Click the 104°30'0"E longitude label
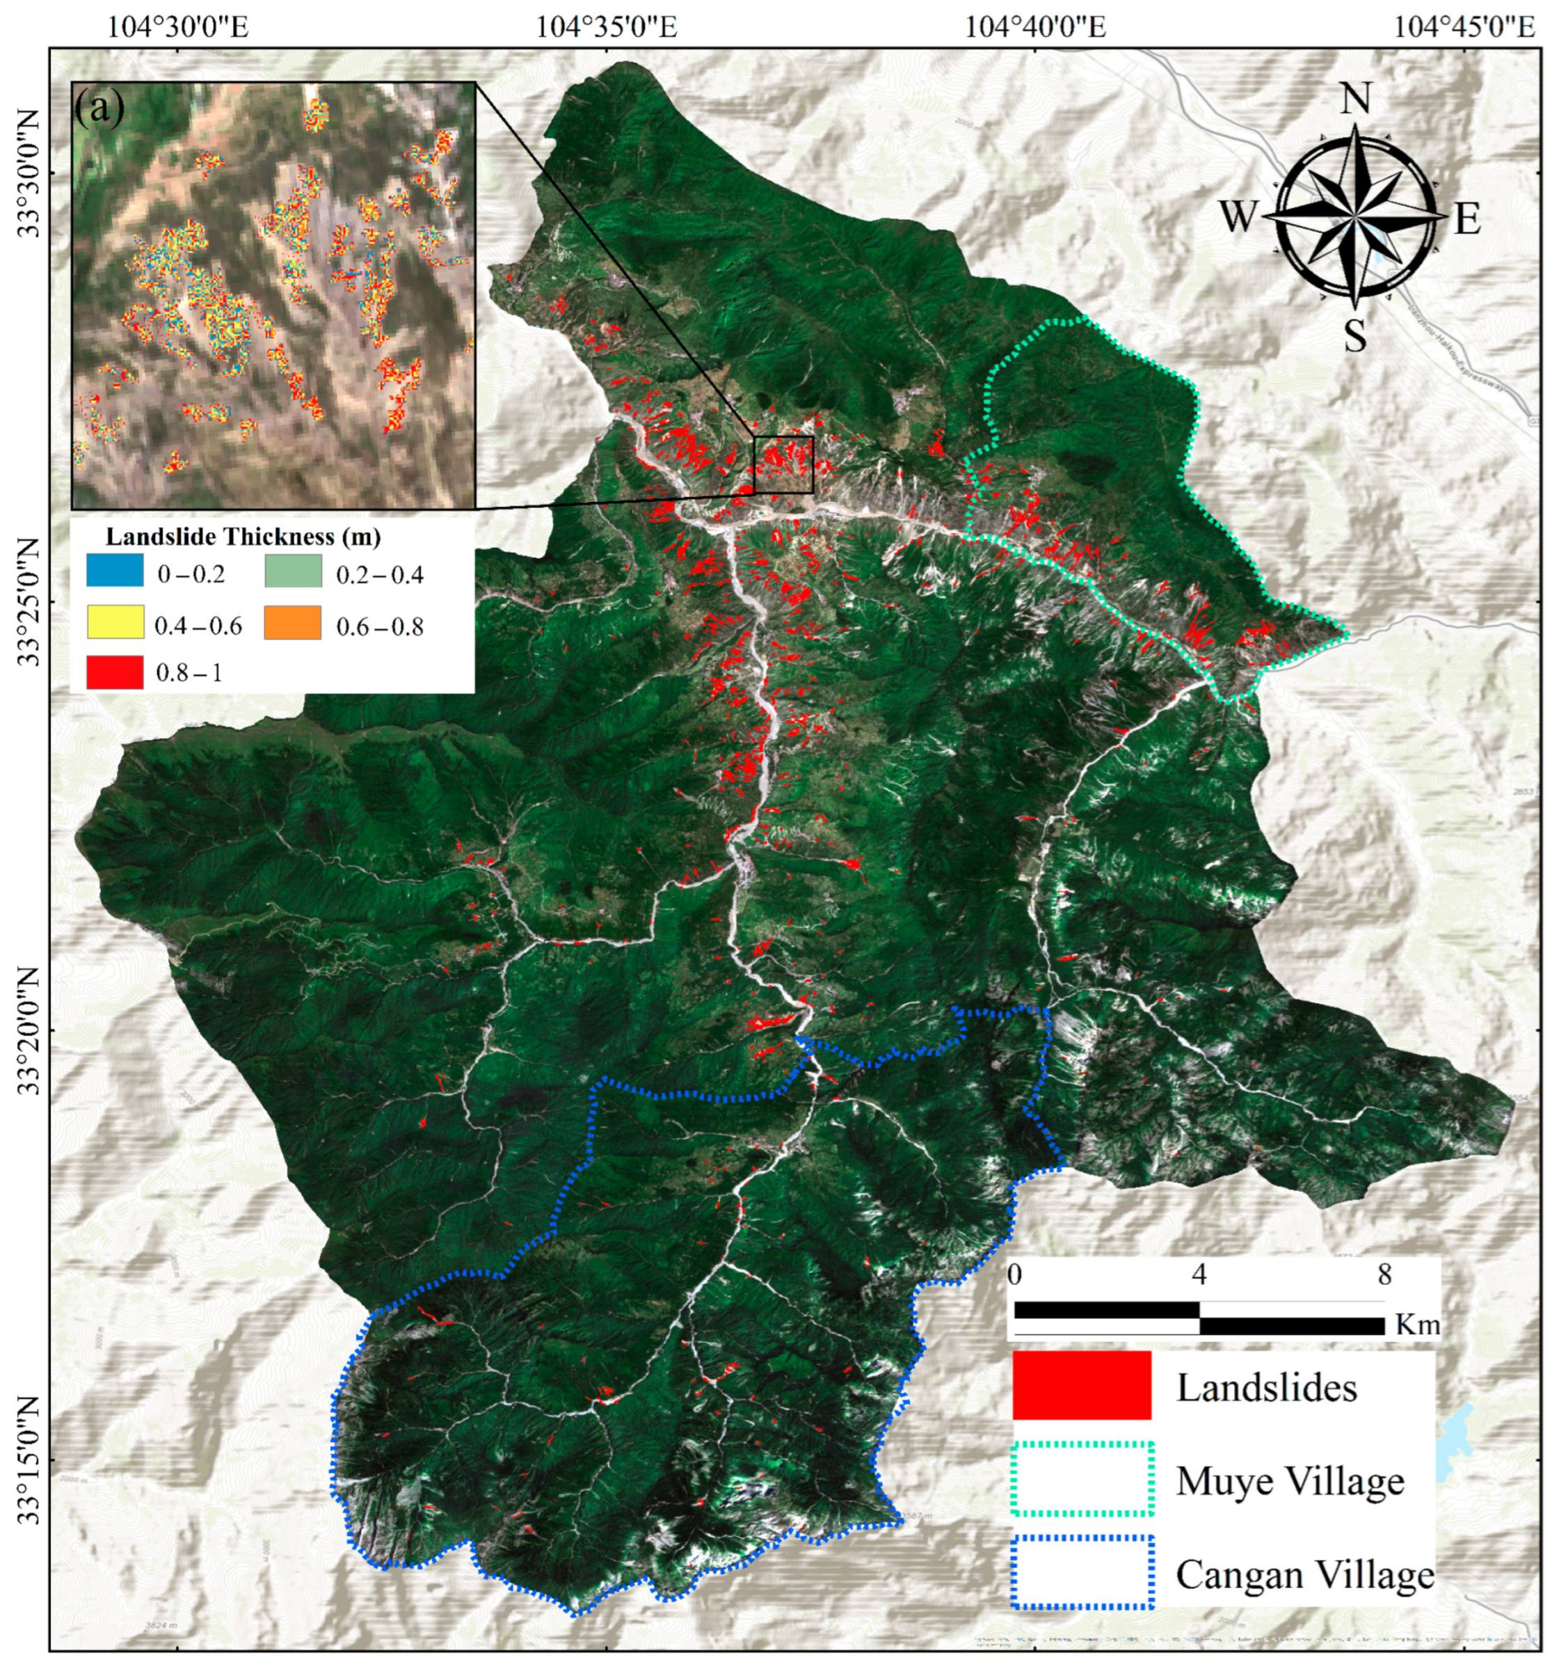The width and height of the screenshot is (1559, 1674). click(x=177, y=27)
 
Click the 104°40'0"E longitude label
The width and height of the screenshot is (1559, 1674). click(x=1034, y=27)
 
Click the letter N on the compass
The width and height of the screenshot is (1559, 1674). click(x=1354, y=99)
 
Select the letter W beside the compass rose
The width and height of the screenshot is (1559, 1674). click(x=1238, y=217)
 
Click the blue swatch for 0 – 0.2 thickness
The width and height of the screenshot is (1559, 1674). click(x=115, y=571)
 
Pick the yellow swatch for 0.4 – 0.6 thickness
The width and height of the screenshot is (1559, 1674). click(x=115, y=622)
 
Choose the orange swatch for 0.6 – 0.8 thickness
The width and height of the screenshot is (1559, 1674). click(x=292, y=622)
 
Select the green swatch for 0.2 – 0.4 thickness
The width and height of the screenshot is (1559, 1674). click(x=292, y=571)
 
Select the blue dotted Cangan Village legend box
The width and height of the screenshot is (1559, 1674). click(x=1082, y=1571)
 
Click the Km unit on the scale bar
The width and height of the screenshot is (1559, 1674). click(x=1418, y=1324)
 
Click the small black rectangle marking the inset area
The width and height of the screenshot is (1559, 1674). click(x=783, y=464)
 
